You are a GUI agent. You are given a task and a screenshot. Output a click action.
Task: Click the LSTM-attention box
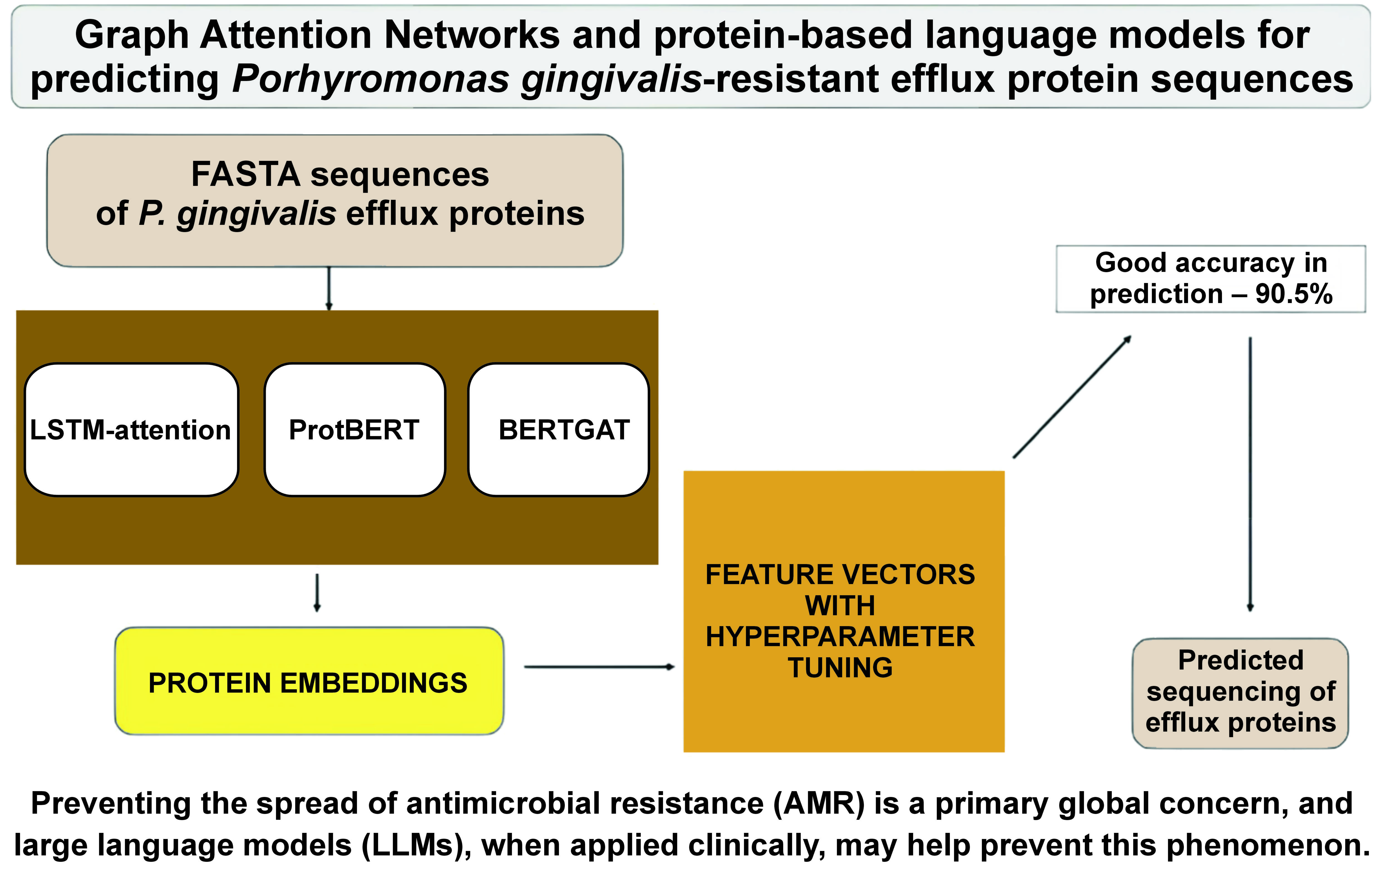coord(131,430)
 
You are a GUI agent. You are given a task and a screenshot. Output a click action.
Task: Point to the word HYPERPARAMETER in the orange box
coord(840,637)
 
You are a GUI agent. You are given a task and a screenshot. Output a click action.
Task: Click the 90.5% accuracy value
coord(1293,294)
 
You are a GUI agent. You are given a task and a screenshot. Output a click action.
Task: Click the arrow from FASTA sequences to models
coord(329,288)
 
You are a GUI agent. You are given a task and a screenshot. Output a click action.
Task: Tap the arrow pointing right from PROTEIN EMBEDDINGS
coord(599,667)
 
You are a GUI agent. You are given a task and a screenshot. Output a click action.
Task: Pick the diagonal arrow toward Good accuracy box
coord(1072,397)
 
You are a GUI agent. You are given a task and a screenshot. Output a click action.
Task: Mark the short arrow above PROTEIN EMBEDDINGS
coord(317,592)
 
